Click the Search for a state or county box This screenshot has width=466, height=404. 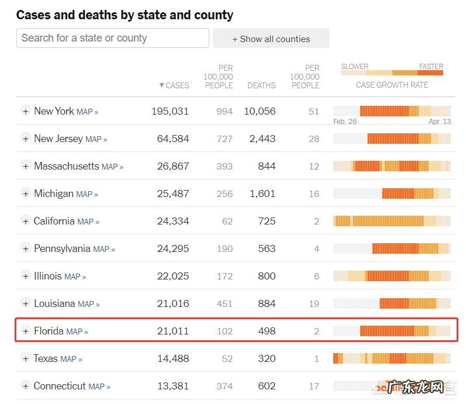(x=112, y=38)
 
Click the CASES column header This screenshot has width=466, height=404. (x=174, y=85)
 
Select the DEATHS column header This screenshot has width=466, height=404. (x=261, y=85)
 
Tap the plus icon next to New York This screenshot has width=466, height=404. (x=25, y=111)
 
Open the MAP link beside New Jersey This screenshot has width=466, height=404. (x=96, y=139)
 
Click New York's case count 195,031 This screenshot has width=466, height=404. (x=170, y=111)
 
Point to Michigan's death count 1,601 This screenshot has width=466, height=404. (x=262, y=194)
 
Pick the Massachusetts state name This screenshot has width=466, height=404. (x=67, y=166)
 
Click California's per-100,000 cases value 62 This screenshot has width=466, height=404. (x=227, y=221)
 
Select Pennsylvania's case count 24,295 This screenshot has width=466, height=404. (x=173, y=248)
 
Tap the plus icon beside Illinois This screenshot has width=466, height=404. (x=25, y=276)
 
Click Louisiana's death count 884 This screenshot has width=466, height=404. (x=267, y=303)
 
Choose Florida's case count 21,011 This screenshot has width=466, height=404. (x=173, y=331)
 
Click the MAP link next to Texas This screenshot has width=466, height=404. (x=71, y=359)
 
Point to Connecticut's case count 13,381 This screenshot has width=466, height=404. (x=173, y=386)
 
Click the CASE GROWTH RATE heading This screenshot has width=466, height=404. (x=392, y=85)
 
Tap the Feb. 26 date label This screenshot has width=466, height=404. (x=345, y=122)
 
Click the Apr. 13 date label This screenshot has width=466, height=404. (x=440, y=122)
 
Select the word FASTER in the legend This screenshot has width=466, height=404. (x=431, y=67)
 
